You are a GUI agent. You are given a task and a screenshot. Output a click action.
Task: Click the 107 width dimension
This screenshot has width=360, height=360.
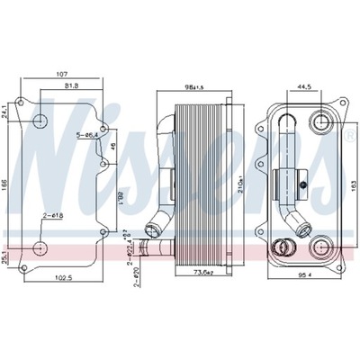(61, 74)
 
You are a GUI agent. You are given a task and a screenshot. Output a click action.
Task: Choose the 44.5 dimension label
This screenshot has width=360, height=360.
(304, 87)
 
